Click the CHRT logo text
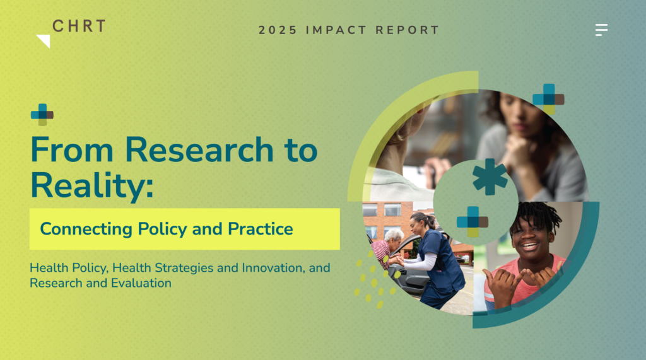[79, 26]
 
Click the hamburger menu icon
[601, 30]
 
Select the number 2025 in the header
[278, 30]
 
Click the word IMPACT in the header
[336, 30]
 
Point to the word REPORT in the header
[407, 30]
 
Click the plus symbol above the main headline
[42, 115]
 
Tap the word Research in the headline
[199, 149]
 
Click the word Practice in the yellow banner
[261, 229]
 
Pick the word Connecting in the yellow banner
[86, 229]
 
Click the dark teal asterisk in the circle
[490, 177]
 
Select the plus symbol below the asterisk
[473, 221]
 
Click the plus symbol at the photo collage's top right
[548, 99]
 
